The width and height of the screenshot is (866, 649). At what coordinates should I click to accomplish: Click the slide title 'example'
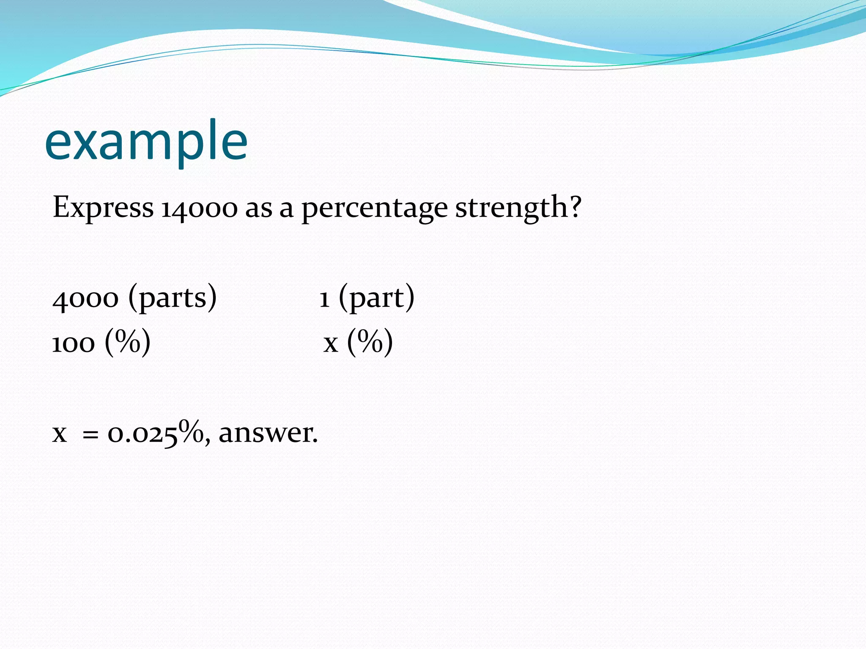click(x=146, y=142)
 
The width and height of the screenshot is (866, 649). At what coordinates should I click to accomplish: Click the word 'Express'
click(x=103, y=208)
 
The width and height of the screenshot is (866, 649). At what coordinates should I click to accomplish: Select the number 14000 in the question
click(x=199, y=209)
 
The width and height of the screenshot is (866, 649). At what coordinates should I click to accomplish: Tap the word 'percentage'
click(x=374, y=209)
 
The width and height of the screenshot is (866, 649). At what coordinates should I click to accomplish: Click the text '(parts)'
click(x=173, y=297)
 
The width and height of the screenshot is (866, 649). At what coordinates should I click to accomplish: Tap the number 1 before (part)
click(x=324, y=299)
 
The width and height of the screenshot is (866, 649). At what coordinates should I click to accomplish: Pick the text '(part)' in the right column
click(x=376, y=297)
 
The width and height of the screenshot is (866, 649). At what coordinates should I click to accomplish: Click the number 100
click(x=74, y=343)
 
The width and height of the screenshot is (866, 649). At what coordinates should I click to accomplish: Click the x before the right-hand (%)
click(x=331, y=344)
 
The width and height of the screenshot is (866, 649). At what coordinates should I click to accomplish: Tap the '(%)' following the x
click(x=370, y=342)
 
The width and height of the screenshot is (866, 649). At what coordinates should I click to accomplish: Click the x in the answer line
click(x=60, y=434)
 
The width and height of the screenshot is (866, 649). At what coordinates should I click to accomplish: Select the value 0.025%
click(x=155, y=433)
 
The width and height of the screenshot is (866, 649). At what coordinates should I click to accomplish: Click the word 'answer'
click(x=266, y=434)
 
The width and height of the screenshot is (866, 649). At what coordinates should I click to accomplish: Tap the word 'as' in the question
click(x=259, y=210)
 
